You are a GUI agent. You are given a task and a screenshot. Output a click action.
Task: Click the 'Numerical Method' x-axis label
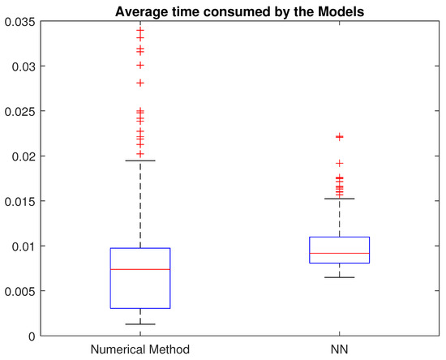140,349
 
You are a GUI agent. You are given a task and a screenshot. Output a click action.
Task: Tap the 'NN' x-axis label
340,349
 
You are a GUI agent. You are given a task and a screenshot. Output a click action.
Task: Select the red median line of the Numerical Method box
140,269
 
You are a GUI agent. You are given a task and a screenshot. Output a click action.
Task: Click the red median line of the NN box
340,254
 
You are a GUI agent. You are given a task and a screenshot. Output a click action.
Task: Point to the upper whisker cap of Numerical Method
140,161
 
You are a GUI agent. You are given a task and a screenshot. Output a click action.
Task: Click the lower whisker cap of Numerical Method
140,324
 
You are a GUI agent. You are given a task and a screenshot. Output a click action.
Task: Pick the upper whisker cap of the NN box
340,199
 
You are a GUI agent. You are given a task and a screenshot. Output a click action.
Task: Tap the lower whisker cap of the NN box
340,277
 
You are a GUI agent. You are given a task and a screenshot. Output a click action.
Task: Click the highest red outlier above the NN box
340,137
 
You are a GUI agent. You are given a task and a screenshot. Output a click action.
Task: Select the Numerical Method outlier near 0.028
140,83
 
